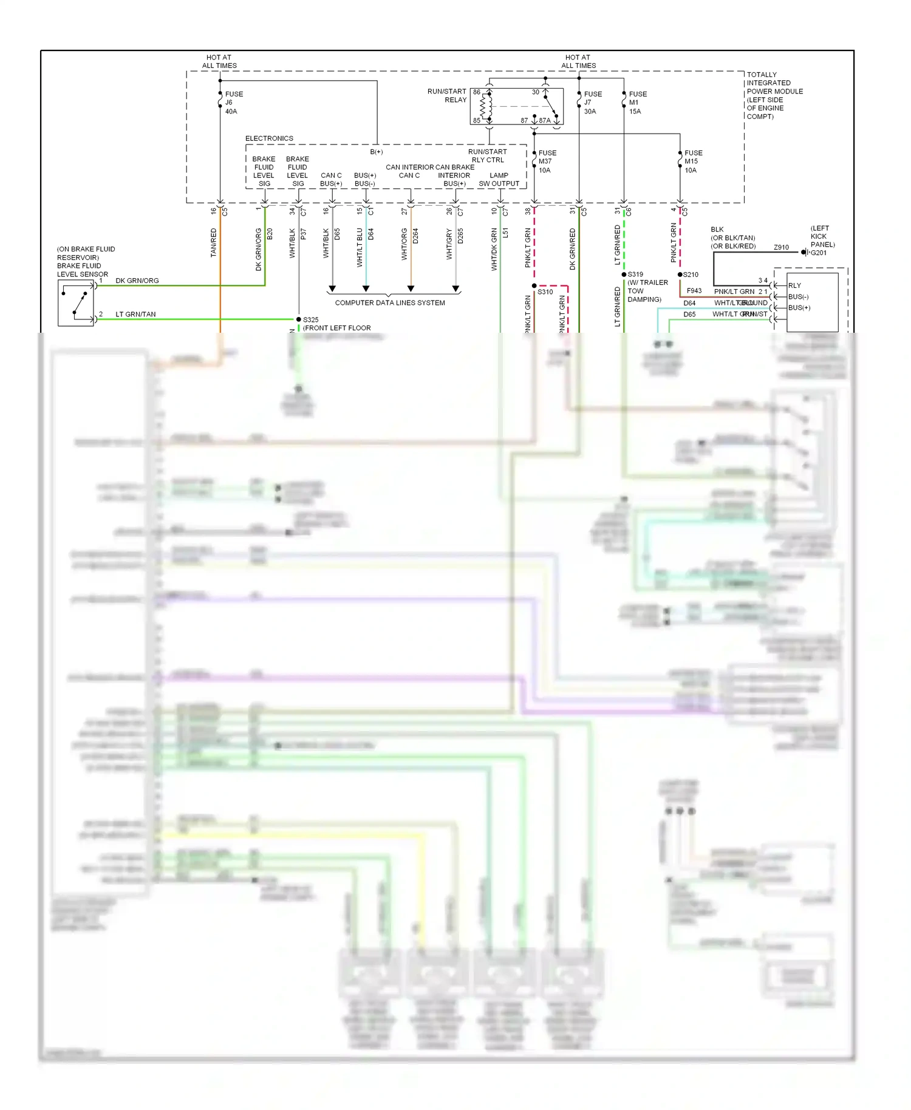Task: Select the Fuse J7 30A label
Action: coord(592,103)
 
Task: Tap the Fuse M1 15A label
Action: coord(637,103)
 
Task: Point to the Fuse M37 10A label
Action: coord(547,162)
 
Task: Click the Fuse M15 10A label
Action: coord(692,162)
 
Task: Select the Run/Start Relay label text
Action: coord(447,95)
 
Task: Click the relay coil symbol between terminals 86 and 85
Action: coord(486,107)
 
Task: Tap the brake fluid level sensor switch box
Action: coord(76,304)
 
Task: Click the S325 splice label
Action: coord(310,319)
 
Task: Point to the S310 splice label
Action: coord(545,292)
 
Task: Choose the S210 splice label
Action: coord(691,274)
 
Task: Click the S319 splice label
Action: coord(635,274)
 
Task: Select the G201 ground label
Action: coord(819,253)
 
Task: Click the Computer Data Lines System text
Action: coord(390,302)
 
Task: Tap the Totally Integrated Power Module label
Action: coord(774,95)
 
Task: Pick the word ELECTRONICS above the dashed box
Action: coord(269,138)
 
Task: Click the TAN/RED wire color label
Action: coord(213,242)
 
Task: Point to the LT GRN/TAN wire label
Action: coord(135,314)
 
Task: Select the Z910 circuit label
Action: coord(781,247)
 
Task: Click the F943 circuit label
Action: coord(694,291)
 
